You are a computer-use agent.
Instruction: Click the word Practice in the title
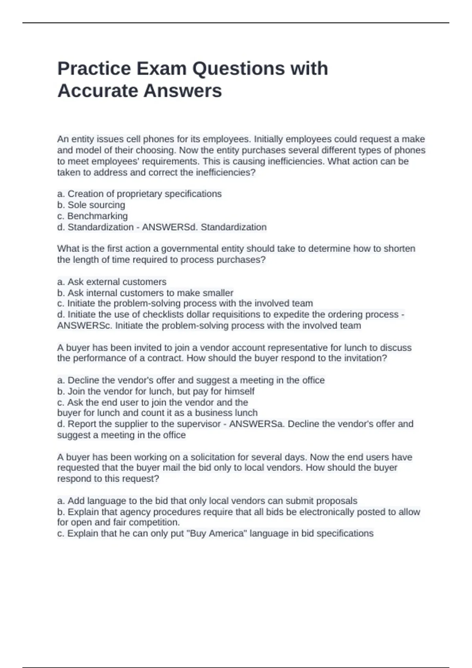pyautogui.click(x=94, y=68)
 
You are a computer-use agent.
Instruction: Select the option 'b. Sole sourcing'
pyautogui.click(x=91, y=205)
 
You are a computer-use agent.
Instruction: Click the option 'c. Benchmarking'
pyautogui.click(x=92, y=216)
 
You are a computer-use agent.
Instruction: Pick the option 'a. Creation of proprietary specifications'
pyautogui.click(x=139, y=194)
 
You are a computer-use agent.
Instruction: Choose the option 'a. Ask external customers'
pyautogui.click(x=112, y=282)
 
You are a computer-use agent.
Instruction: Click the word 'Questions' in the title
pyautogui.click(x=238, y=68)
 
